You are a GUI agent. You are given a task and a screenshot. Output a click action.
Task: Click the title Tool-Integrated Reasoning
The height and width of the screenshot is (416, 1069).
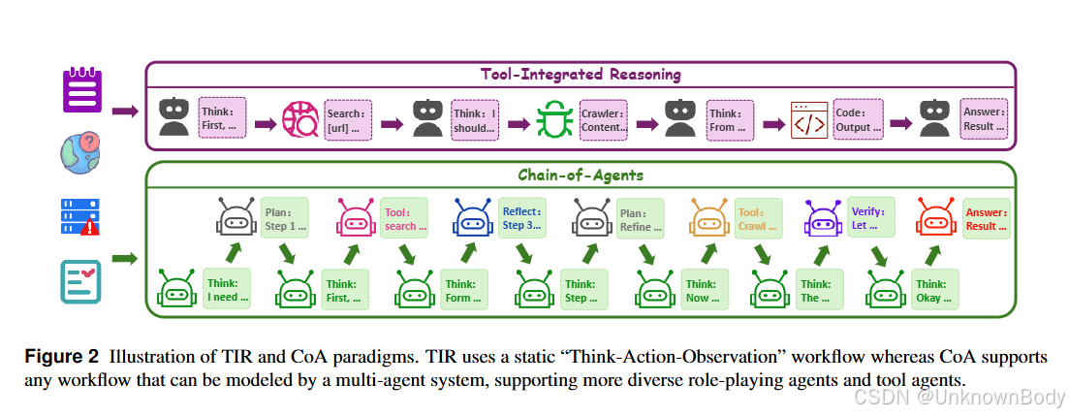(x=581, y=75)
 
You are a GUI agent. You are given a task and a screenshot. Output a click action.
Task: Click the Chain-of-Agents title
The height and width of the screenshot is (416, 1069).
(x=580, y=176)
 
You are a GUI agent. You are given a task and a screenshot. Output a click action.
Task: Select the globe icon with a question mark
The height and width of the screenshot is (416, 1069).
(x=81, y=153)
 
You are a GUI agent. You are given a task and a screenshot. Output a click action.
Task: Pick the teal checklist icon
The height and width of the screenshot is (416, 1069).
(x=81, y=279)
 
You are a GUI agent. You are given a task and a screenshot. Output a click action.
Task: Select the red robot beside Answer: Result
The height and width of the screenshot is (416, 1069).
(x=936, y=219)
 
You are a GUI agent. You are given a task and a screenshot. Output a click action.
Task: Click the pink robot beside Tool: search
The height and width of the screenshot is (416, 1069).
(x=357, y=219)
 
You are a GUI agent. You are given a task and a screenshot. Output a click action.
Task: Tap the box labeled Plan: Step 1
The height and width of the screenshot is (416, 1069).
(x=284, y=219)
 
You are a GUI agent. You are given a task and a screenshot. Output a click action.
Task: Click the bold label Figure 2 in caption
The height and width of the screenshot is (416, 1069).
(x=62, y=356)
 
